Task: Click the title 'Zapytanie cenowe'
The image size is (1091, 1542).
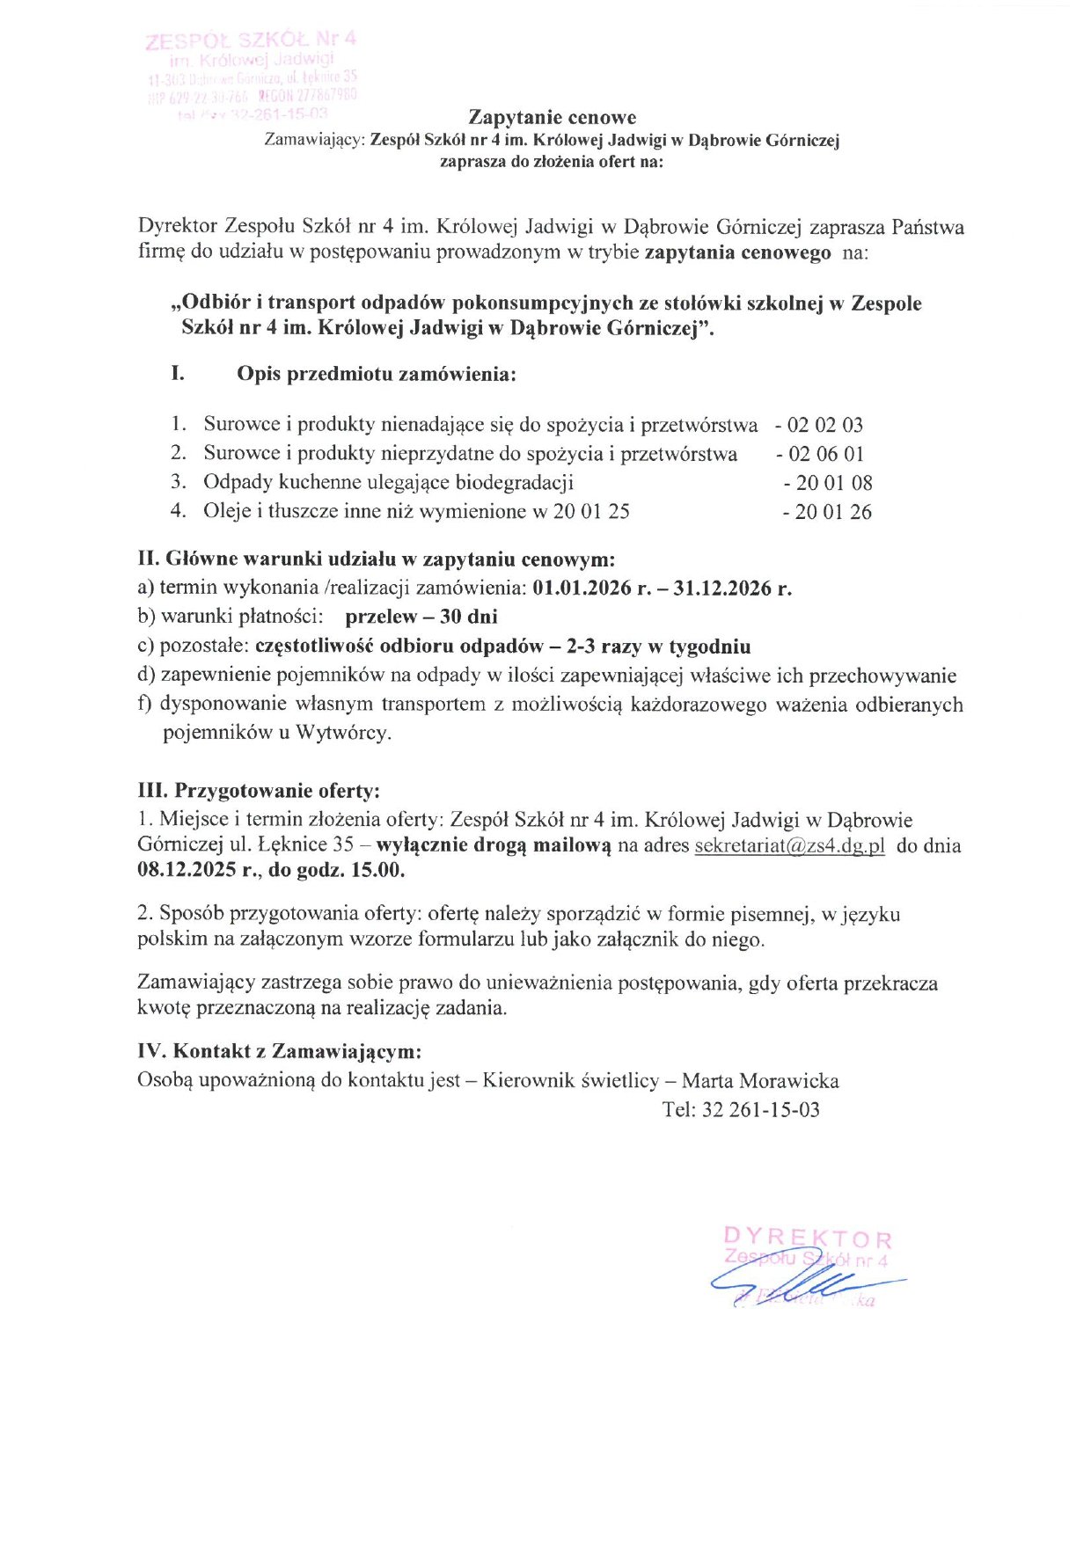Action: coord(552,118)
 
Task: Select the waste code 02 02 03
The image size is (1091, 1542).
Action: coord(824,426)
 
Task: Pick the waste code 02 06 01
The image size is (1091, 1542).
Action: coord(825,455)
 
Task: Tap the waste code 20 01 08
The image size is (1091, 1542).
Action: coord(833,483)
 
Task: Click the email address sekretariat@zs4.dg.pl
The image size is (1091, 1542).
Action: coord(789,846)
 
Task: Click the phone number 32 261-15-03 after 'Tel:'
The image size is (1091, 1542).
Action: coord(760,1110)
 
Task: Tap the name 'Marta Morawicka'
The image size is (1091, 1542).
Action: coord(760,1081)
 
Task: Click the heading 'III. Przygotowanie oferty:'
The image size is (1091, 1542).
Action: coord(259,791)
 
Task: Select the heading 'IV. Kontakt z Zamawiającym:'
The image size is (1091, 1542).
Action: coord(279,1051)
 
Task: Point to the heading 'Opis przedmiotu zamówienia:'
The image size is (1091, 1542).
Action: coord(376,374)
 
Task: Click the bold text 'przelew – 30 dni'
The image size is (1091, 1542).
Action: coord(421,617)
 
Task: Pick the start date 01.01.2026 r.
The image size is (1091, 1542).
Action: coord(591,588)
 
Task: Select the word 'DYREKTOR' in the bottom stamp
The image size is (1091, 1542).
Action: coord(808,1239)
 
